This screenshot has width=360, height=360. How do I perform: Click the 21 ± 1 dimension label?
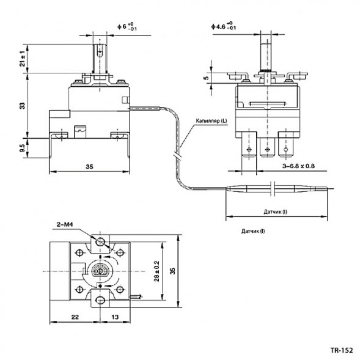23,59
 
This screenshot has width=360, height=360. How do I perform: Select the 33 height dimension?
23,105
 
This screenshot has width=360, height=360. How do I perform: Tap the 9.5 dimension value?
23,147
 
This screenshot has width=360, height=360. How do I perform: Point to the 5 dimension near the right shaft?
206,78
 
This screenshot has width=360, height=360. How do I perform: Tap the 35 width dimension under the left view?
89,166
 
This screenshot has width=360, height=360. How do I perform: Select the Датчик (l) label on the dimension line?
276,211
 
